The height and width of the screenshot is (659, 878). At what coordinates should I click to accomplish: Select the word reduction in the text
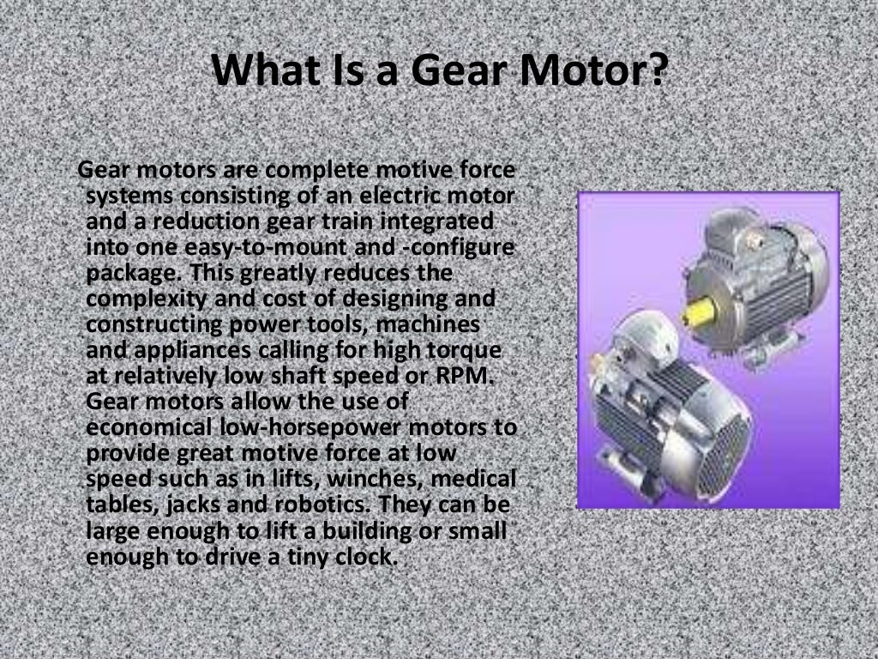point(201,221)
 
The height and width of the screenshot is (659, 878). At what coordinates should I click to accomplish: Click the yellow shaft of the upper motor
point(699,311)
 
